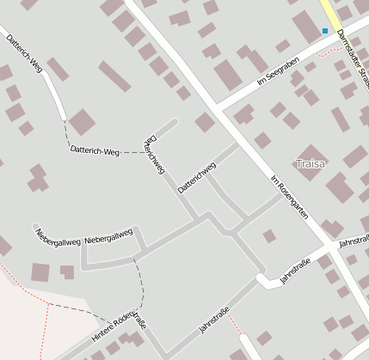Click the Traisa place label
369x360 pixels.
point(311,163)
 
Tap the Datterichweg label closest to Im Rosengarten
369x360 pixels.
point(196,177)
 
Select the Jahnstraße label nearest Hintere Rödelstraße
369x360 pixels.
point(214,320)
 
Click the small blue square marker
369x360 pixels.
point(325,31)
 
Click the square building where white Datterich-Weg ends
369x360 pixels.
point(82,122)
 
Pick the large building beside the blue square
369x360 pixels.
point(307,27)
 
